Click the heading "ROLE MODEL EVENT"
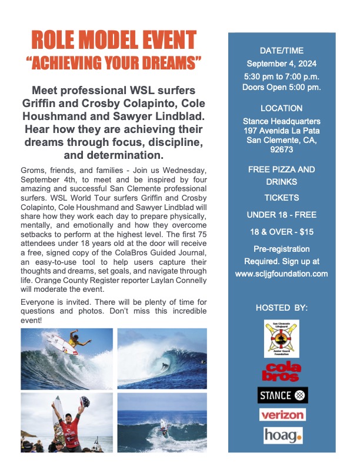pyautogui.click(x=113, y=40)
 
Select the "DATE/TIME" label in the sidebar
pyautogui.click(x=281, y=51)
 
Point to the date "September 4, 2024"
pyautogui.click(x=281, y=64)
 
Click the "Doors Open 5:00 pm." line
pyautogui.click(x=281, y=88)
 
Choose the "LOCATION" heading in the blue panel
pyautogui.click(x=281, y=108)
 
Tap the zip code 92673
pyautogui.click(x=281, y=149)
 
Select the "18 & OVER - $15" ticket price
pyautogui.click(x=281, y=232)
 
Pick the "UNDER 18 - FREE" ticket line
pyautogui.click(x=281, y=215)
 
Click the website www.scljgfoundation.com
pyautogui.click(x=281, y=274)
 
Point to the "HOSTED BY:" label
pyautogui.click(x=282, y=308)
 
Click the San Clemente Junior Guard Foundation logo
pyautogui.click(x=282, y=338)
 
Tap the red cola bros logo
pyautogui.click(x=282, y=372)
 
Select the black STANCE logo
pyautogui.click(x=282, y=395)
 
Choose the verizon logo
pyautogui.click(x=282, y=415)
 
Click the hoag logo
pyautogui.click(x=282, y=435)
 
